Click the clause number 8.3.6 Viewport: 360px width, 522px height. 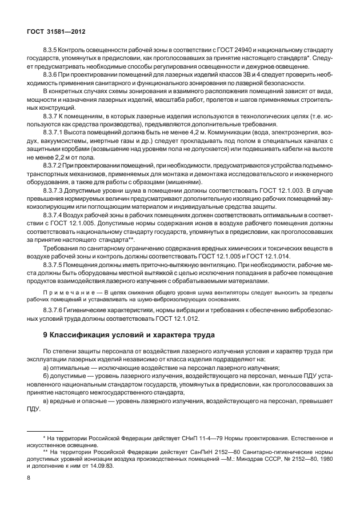pos(52,75)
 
